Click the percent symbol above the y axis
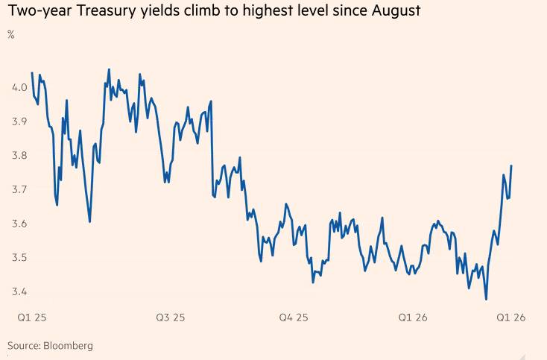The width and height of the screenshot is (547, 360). click(x=11, y=35)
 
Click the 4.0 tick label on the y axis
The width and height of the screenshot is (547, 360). click(x=19, y=88)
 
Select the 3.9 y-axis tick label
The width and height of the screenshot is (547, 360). click(x=19, y=122)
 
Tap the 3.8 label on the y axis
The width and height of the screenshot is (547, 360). click(x=19, y=156)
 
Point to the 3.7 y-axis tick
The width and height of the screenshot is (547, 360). click(x=19, y=190)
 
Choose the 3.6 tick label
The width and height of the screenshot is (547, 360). click(x=19, y=224)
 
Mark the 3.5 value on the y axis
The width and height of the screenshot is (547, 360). click(x=19, y=258)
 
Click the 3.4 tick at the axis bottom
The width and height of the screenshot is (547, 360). click(x=19, y=291)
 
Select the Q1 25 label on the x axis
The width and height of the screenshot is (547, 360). click(x=31, y=318)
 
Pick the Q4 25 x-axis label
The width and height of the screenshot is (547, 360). click(x=293, y=318)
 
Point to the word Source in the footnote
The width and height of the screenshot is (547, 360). click(x=23, y=346)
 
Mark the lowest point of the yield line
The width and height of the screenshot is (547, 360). click(x=487, y=300)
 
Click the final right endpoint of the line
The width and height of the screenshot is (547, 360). click(x=511, y=165)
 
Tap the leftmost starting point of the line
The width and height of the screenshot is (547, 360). click(x=32, y=72)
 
